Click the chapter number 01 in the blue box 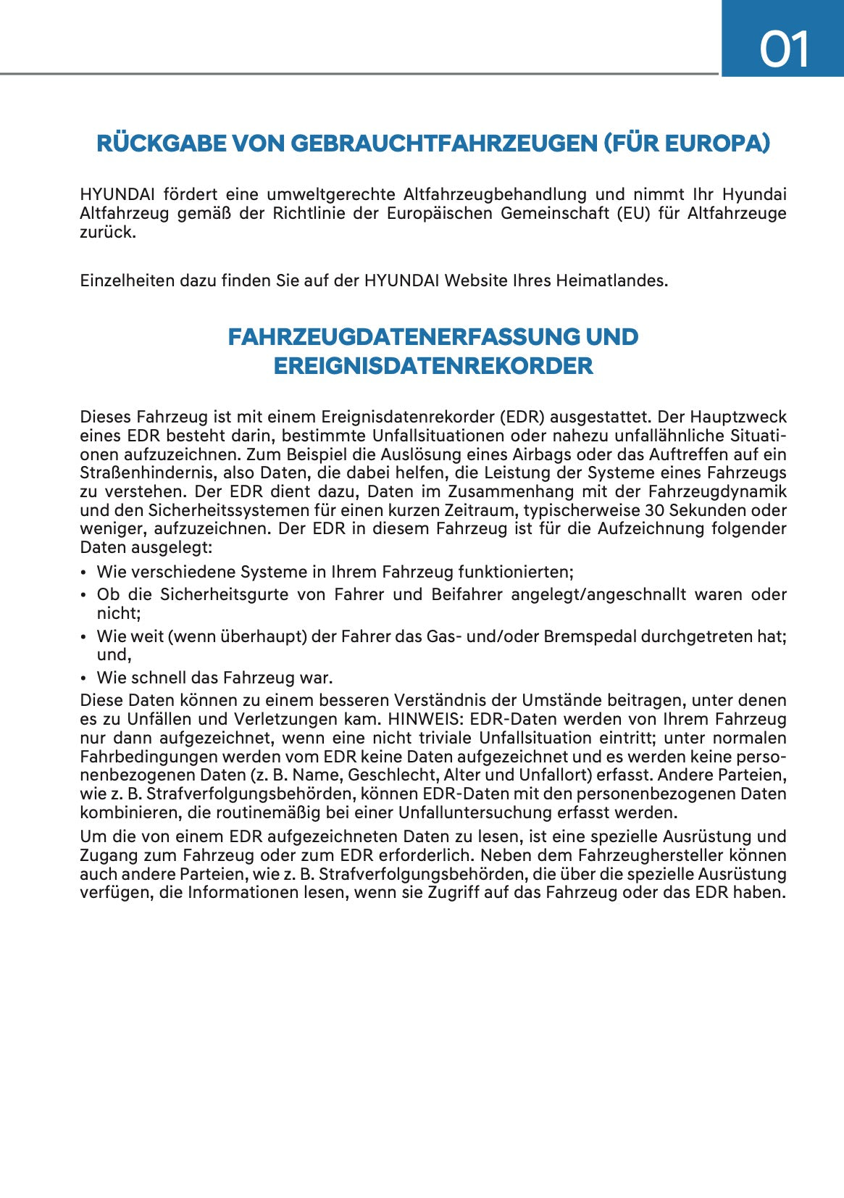784,50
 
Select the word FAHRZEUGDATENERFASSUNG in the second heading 404,337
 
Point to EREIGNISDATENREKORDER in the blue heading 433,366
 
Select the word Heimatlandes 611,280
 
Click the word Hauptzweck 738,417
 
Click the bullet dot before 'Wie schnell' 84,678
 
